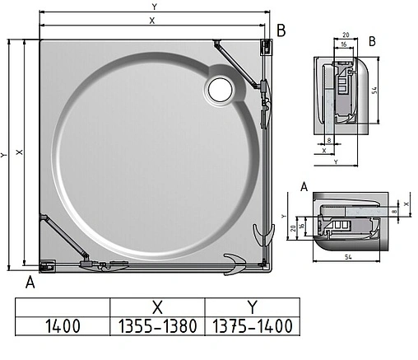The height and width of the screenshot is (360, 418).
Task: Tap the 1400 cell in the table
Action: pos(63,325)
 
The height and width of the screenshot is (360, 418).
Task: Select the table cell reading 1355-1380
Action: pos(157,325)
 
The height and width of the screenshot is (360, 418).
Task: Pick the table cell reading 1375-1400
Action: pos(252,325)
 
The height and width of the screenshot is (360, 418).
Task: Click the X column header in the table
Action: pos(157,306)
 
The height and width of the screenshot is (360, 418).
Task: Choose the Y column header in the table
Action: pos(252,306)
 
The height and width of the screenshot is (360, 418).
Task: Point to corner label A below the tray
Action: pos(30,283)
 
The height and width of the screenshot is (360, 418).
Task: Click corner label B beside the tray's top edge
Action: pos(281,31)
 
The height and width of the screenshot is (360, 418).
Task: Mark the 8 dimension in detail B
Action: pos(328,141)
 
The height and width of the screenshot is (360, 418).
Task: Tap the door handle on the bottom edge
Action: pos(233,264)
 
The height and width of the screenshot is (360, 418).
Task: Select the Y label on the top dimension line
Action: pos(153,6)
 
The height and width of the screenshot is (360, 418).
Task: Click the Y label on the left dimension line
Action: pos(5,154)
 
